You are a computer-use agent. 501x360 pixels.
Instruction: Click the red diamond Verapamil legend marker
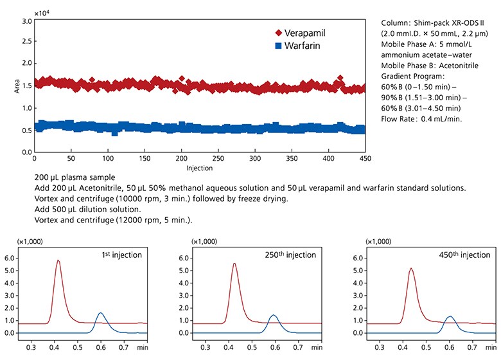pyautogui.click(x=278, y=33)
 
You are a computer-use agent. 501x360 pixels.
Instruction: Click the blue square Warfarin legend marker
pyautogui.click(x=278, y=46)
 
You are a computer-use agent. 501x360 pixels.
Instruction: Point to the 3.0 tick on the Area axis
pyautogui.click(x=28, y=21)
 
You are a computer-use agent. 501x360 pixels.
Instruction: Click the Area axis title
pyautogui.click(x=17, y=87)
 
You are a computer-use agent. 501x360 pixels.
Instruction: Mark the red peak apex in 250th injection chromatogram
pyautogui.click(x=234, y=263)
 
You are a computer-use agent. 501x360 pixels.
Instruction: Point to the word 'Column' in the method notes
pyautogui.click(x=395, y=22)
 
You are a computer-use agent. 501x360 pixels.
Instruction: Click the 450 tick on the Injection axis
pyautogui.click(x=365, y=158)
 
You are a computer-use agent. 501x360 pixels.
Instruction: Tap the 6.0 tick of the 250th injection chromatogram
pyautogui.click(x=183, y=258)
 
